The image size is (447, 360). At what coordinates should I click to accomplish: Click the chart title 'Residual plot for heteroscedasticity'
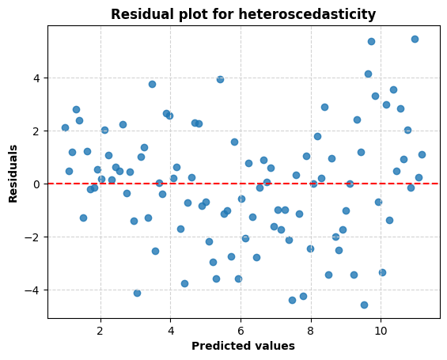pyautogui.click(x=243, y=14)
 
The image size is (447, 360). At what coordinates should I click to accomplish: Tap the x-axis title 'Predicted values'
pyautogui.click(x=243, y=346)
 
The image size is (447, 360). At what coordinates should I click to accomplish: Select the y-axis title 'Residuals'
pyautogui.click(x=13, y=172)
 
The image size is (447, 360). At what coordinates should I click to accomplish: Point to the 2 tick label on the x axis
pyautogui.click(x=100, y=328)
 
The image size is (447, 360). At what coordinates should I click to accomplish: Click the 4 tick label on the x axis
pyautogui.click(x=171, y=328)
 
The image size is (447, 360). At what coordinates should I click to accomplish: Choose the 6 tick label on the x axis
pyautogui.click(x=241, y=328)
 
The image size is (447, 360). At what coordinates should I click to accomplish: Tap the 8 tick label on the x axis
pyautogui.click(x=310, y=328)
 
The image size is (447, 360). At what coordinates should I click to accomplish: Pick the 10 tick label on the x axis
pyautogui.click(x=381, y=328)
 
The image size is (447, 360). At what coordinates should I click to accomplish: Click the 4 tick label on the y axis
pyautogui.click(x=36, y=78)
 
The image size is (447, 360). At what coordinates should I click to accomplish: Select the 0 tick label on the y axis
pyautogui.click(x=36, y=184)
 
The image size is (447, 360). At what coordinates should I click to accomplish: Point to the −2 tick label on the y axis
pyautogui.click(x=33, y=237)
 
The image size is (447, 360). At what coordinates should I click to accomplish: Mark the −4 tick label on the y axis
pyautogui.click(x=33, y=290)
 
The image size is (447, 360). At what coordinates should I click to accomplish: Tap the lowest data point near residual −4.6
pyautogui.click(x=364, y=305)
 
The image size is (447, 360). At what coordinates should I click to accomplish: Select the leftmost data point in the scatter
pyautogui.click(x=65, y=127)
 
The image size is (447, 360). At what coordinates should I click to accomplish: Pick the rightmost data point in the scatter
pyautogui.click(x=422, y=154)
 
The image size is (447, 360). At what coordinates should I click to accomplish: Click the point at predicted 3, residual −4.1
pyautogui.click(x=137, y=293)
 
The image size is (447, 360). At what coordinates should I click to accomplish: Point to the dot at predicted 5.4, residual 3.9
pyautogui.click(x=220, y=79)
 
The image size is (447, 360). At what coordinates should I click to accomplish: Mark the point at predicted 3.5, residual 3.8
pyautogui.click(x=152, y=84)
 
